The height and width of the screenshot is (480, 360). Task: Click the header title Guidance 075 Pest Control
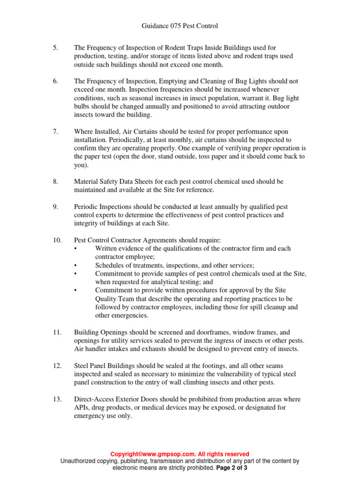tap(180, 26)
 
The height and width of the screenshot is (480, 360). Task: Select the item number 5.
tap(55, 48)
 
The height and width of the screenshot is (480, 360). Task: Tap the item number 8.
tap(55, 181)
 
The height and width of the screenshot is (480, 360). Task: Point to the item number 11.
tap(57, 332)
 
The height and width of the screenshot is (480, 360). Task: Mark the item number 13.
tap(57, 399)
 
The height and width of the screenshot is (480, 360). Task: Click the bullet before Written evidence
tap(76, 248)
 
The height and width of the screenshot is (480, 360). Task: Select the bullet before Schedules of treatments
tap(76, 265)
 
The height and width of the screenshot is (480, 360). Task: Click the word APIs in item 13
tap(82, 408)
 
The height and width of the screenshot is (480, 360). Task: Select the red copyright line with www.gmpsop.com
tap(180, 454)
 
